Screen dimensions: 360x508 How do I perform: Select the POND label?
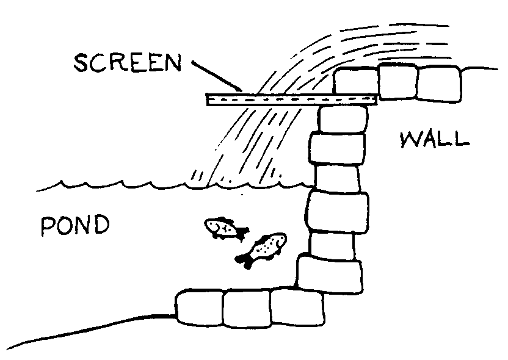[74, 226]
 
